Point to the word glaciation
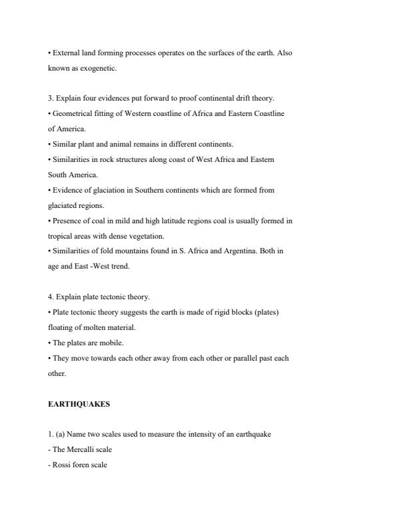[101, 190]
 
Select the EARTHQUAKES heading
[79, 404]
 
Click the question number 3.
[51, 98]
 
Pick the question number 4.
[51, 297]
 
